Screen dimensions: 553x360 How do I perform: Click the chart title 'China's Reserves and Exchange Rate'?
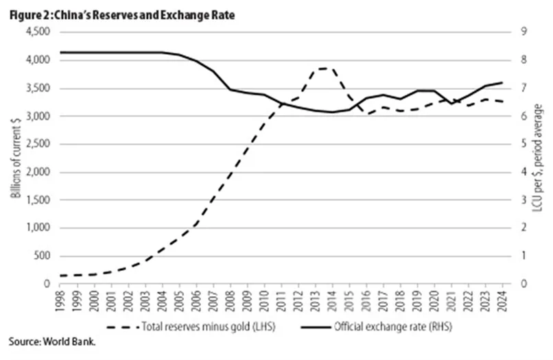(x=145, y=16)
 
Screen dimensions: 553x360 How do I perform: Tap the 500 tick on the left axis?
(x=42, y=256)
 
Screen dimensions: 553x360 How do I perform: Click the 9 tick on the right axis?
(x=524, y=32)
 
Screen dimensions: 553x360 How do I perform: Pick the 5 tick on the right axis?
(x=524, y=143)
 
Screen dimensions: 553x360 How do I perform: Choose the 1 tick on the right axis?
(x=524, y=256)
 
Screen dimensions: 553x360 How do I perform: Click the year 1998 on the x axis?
(x=60, y=301)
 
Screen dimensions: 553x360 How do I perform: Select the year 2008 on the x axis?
(x=231, y=301)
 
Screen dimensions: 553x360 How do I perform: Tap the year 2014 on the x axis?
(x=332, y=301)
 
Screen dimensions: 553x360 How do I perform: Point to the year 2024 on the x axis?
(x=502, y=301)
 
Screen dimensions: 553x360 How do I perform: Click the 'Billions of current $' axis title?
(x=16, y=158)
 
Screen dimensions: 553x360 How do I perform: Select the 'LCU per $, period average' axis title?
(x=537, y=158)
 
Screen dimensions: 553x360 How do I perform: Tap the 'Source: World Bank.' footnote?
(x=52, y=341)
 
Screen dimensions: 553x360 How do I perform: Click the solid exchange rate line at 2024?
(x=502, y=82)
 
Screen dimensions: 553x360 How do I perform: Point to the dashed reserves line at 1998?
(x=60, y=276)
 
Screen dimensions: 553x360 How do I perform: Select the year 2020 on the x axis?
(x=434, y=301)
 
